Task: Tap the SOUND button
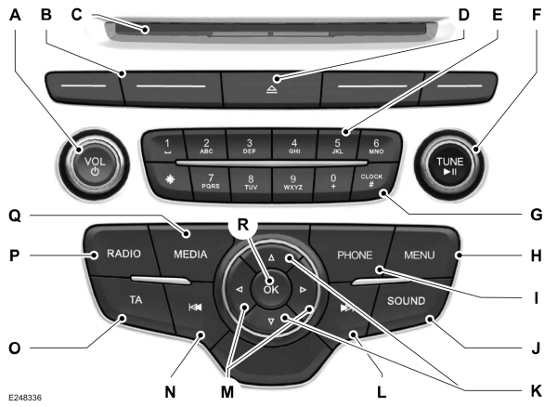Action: coord(405,301)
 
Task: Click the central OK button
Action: coord(270,288)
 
